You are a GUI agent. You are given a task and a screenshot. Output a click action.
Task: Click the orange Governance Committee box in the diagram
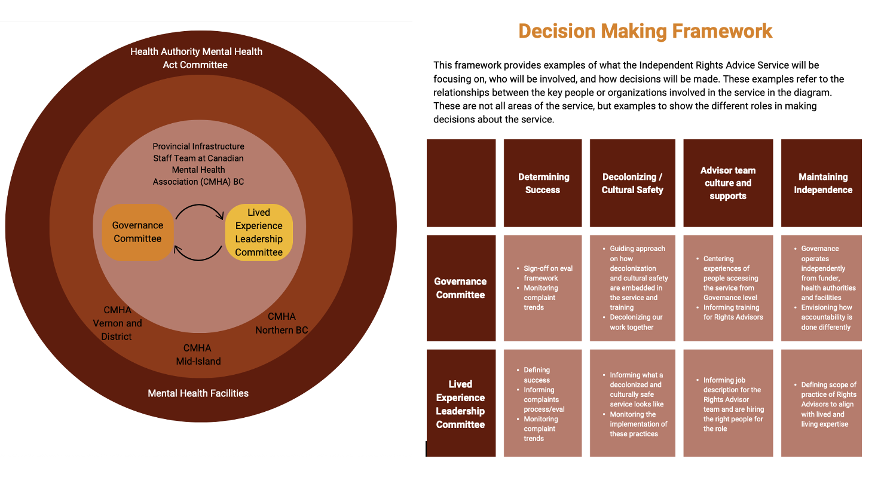pyautogui.click(x=137, y=232)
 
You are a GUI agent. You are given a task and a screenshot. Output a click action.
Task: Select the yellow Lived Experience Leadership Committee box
pyautogui.click(x=259, y=233)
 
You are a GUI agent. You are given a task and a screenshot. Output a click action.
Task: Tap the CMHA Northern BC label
pyautogui.click(x=282, y=323)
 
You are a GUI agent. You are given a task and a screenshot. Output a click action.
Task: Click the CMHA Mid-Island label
pyautogui.click(x=198, y=354)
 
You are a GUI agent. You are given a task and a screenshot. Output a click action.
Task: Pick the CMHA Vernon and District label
pyautogui.click(x=117, y=323)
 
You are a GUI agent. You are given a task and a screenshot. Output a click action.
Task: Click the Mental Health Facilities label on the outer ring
pyautogui.click(x=198, y=393)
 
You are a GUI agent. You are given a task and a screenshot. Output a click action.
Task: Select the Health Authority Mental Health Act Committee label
pyautogui.click(x=196, y=58)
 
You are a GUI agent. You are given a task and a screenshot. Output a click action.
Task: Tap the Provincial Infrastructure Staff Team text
pyautogui.click(x=198, y=164)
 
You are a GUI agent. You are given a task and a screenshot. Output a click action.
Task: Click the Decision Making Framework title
pyautogui.click(x=645, y=30)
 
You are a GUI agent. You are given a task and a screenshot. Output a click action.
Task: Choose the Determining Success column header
pyautogui.click(x=543, y=183)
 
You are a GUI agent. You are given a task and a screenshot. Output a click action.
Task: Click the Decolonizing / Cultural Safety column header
pyautogui.click(x=632, y=183)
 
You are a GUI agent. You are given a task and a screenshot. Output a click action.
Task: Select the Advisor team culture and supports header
pyautogui.click(x=728, y=183)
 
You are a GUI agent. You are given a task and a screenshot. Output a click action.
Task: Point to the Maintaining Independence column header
pyautogui.click(x=822, y=183)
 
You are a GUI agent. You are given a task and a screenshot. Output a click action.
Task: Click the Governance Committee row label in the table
pyautogui.click(x=461, y=288)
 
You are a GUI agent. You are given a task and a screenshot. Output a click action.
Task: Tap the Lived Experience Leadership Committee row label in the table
pyautogui.click(x=461, y=403)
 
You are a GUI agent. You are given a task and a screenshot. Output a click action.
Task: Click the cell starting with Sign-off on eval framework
pyautogui.click(x=543, y=288)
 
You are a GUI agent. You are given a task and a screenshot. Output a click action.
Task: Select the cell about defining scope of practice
pyautogui.click(x=821, y=403)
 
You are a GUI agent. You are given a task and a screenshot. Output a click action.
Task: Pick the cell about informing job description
pyautogui.click(x=728, y=403)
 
